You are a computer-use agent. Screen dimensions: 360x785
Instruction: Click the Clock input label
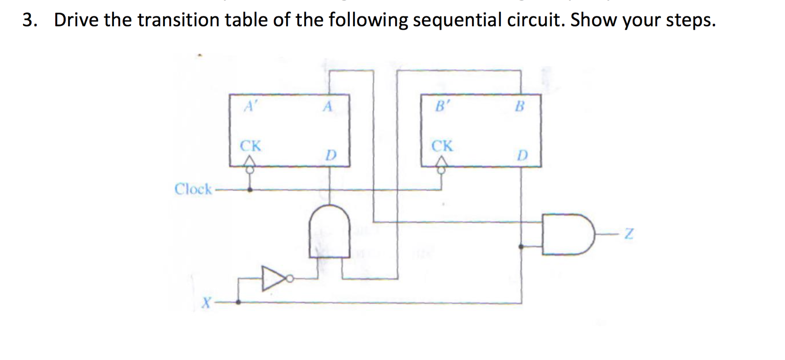[193, 189]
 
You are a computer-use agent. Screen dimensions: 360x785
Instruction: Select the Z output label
[629, 234]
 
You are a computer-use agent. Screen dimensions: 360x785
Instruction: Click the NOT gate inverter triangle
[272, 278]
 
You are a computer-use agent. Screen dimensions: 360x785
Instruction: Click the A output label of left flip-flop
[328, 106]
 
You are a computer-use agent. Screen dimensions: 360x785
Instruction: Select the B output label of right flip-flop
[520, 106]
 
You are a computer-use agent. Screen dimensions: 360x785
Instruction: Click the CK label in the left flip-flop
[250, 146]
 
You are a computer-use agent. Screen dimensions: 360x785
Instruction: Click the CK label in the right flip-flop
[442, 146]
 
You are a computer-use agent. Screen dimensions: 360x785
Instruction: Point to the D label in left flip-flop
[330, 155]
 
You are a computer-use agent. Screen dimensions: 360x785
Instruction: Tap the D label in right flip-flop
[522, 155]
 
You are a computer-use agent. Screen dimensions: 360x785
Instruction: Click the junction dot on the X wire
[238, 302]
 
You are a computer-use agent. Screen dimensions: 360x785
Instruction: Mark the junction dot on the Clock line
[250, 189]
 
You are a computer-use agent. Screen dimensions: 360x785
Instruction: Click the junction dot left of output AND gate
[521, 246]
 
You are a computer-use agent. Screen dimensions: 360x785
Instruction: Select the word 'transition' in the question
[178, 20]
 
